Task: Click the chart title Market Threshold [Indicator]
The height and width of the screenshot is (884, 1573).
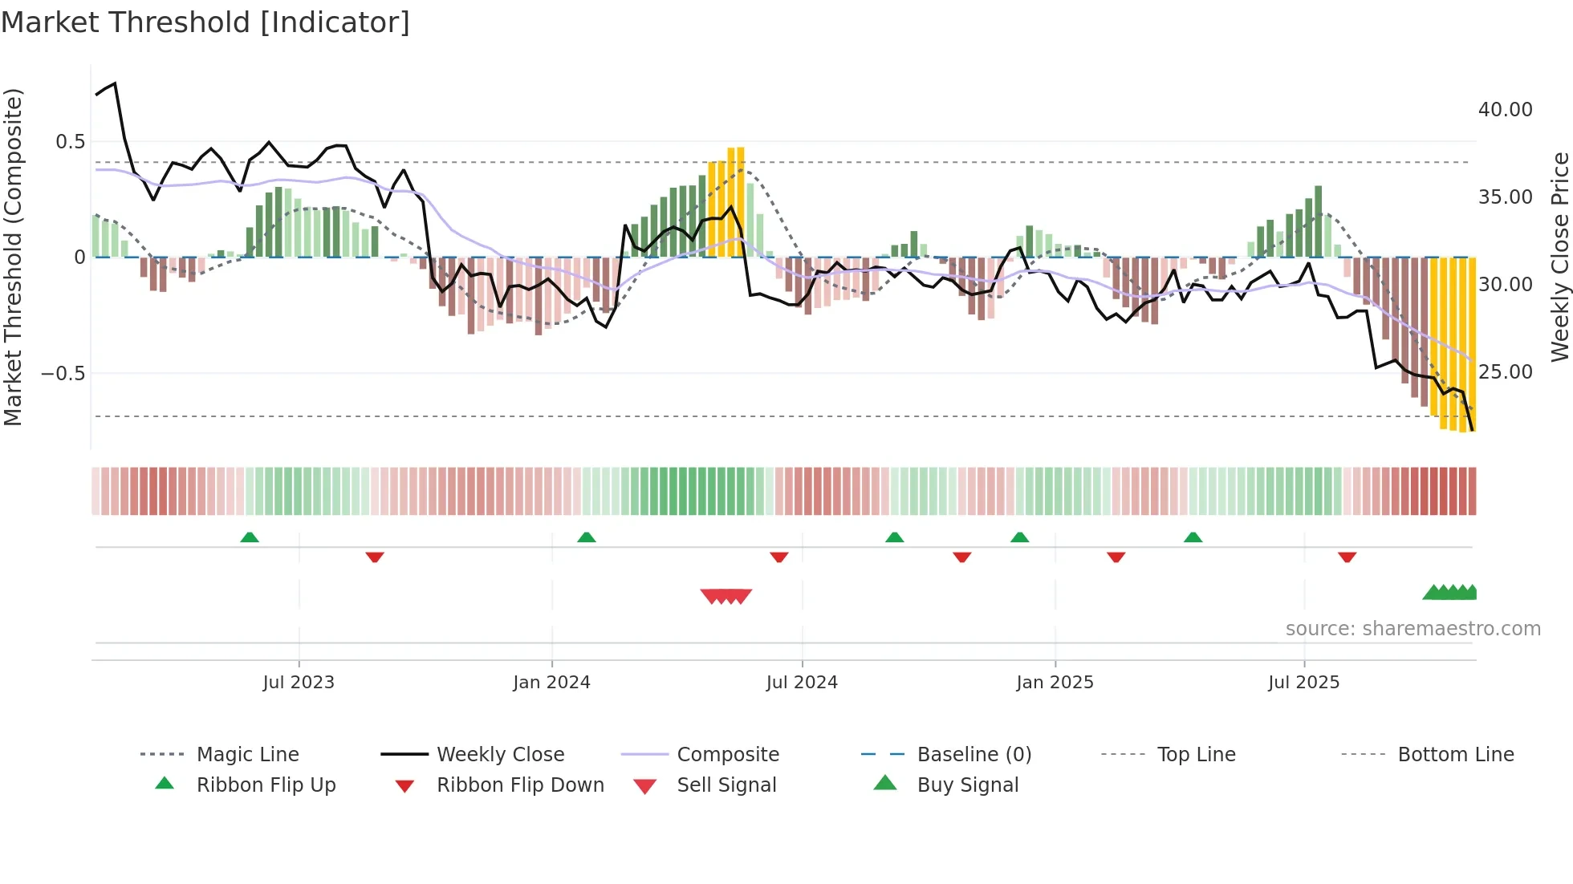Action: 205,22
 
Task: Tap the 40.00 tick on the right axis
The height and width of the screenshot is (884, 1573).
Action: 1505,110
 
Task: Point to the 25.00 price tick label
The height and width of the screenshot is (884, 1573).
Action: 1505,372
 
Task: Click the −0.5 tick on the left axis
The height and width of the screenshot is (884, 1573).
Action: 63,374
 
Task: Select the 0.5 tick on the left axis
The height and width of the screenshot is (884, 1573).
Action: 70,142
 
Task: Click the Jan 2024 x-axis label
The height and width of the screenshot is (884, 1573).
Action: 551,683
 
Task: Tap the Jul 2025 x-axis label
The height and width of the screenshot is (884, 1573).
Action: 1303,683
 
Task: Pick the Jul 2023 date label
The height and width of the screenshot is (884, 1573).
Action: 299,683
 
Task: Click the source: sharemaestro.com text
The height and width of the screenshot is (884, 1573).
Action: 1412,629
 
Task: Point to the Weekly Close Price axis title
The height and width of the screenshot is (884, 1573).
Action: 1559,257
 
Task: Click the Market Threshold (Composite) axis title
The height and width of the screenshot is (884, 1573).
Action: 13,257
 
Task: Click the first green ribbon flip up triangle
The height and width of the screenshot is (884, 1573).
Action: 250,537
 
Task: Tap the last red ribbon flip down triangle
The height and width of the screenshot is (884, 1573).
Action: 1347,557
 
